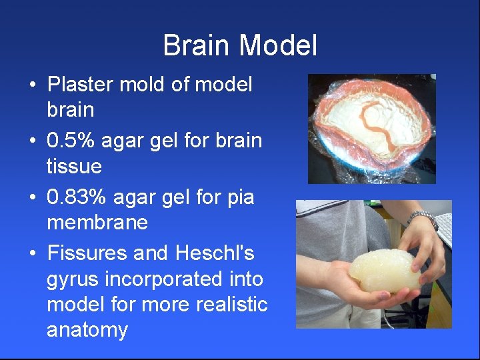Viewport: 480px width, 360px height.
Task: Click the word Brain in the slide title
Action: [197, 46]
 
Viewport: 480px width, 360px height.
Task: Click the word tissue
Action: [73, 166]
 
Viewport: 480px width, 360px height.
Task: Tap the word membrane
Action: [97, 223]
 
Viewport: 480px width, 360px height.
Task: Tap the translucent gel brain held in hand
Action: [385, 270]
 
